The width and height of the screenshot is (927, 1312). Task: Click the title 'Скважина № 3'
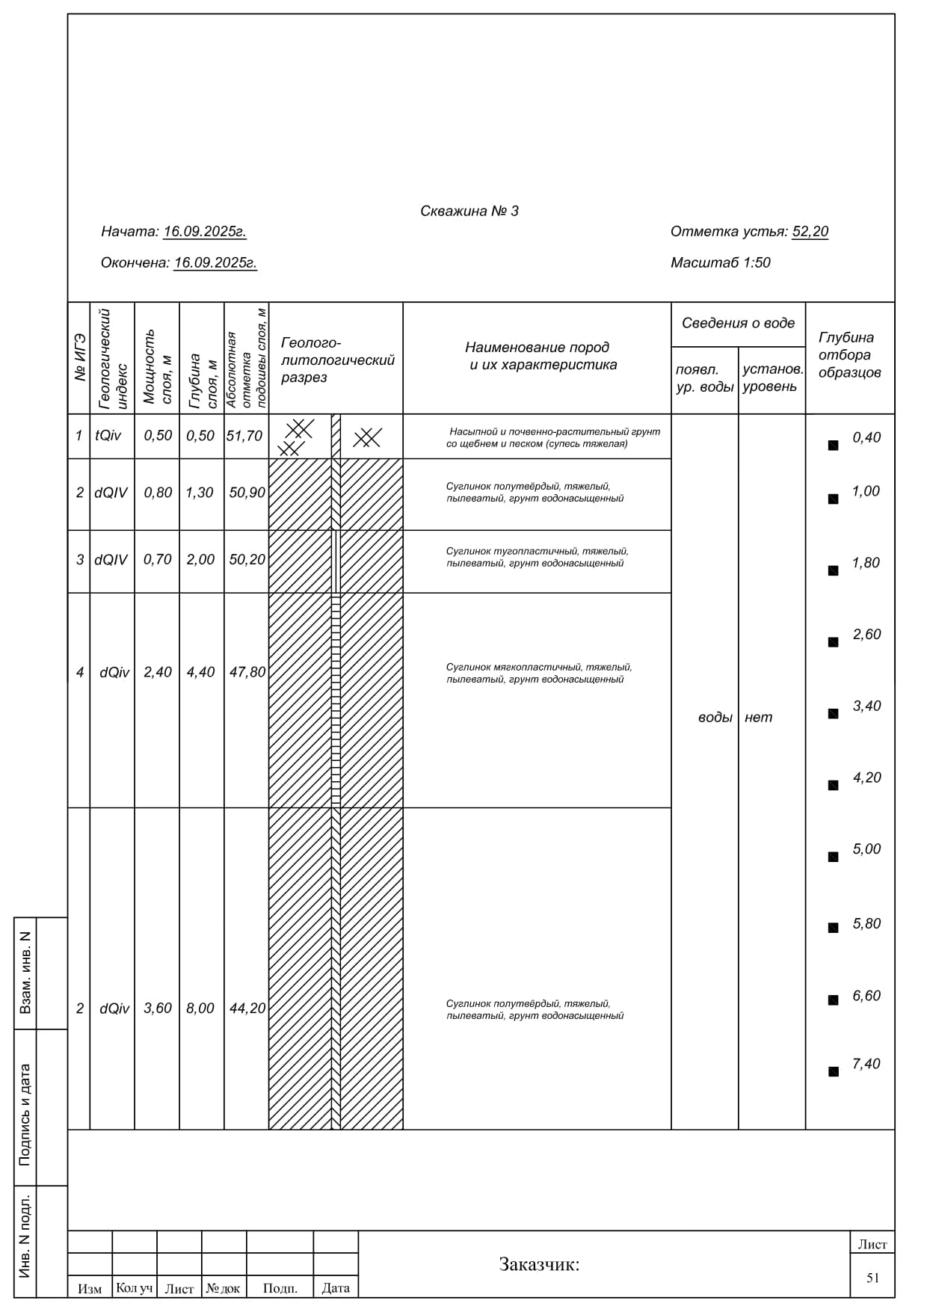pos(469,211)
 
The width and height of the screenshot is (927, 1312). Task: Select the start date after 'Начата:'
pos(205,232)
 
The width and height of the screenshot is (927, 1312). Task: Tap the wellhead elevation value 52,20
pos(810,232)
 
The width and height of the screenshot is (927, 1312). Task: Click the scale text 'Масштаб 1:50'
pos(720,262)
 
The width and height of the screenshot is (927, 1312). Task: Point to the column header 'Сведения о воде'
pos(738,323)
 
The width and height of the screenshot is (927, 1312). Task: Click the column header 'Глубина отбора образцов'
pos(849,355)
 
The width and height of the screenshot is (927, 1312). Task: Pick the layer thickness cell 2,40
pos(158,672)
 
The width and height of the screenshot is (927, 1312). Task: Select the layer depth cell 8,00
pos(200,1008)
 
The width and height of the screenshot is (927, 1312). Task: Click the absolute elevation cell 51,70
pos(244,436)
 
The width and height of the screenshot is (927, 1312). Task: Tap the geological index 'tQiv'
pos(108,436)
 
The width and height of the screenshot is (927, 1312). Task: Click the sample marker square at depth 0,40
pos(833,446)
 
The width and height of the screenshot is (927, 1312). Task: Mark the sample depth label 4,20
pos(866,777)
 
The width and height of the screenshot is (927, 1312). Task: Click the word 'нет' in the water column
pos(758,718)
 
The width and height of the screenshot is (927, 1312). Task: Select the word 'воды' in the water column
pos(715,718)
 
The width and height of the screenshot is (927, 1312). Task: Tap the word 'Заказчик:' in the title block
pos(539,1264)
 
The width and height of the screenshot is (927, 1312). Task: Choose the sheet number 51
pos(872,1278)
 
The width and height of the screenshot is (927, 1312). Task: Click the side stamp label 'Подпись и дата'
pos(25,1115)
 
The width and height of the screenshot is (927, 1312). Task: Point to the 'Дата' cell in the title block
pos(336,1288)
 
